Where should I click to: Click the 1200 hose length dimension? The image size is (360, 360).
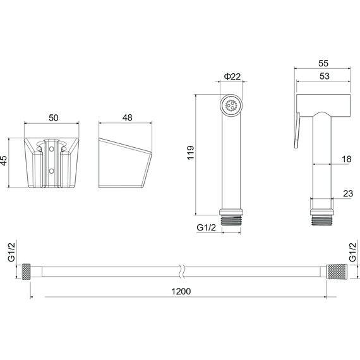pos(181,291)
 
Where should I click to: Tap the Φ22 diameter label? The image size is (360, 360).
pos(232,76)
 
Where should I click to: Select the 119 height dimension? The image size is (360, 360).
pos(191,153)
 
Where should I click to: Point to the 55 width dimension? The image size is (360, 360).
pos(323,63)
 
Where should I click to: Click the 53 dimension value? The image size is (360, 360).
pos(325,76)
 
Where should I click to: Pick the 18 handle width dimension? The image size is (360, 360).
pos(347,159)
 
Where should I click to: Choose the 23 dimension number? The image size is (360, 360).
pos(348,193)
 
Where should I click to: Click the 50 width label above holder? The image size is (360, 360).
pos(54,117)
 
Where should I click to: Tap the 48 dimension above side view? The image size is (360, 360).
pos(127,117)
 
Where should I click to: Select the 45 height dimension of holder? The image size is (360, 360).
pos(4,160)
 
